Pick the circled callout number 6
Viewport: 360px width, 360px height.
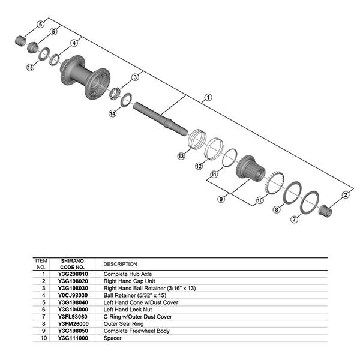41,24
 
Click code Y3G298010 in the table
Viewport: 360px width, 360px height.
73,274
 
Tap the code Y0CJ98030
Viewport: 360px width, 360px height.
73,296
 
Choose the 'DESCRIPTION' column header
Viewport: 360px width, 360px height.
120,264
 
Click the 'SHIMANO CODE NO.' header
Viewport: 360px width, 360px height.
73,264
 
